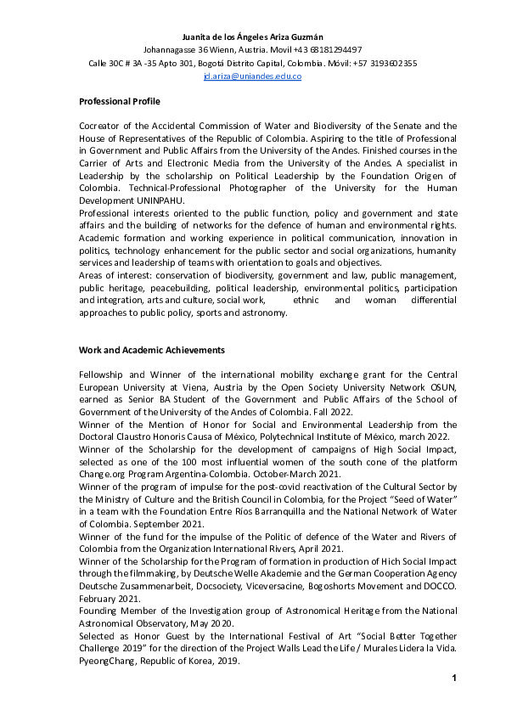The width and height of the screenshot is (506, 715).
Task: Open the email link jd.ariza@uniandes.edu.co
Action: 252,76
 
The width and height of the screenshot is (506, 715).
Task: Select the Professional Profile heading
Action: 120,101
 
